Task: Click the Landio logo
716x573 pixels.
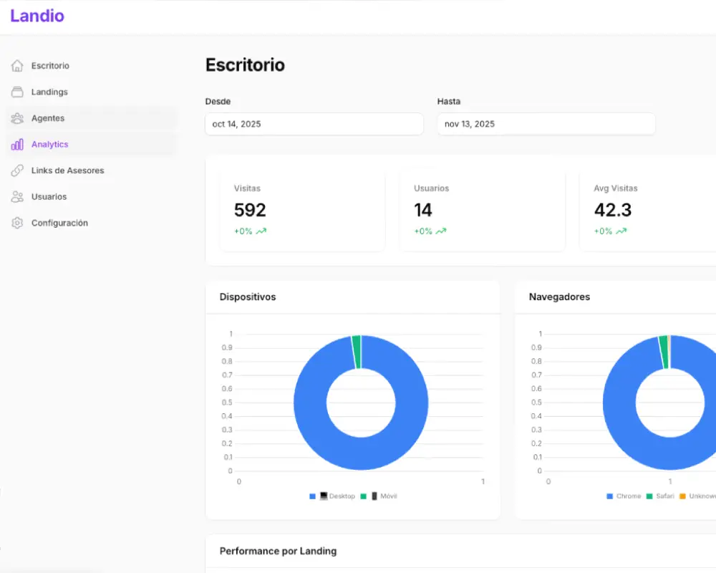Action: coord(37,16)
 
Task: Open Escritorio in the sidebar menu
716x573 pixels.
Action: coord(50,66)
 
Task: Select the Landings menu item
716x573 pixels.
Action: coord(49,92)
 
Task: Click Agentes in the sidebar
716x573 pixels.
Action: coord(48,118)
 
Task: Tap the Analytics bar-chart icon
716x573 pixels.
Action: coord(17,145)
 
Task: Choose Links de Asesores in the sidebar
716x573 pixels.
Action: coord(67,170)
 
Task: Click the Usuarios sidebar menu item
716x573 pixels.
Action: coord(49,197)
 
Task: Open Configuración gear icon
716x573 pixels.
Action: coord(17,223)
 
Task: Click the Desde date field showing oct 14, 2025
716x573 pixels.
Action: coord(314,124)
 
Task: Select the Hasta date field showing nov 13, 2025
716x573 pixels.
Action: coord(546,124)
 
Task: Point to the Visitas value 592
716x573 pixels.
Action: coord(250,210)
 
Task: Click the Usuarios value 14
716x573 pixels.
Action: coord(423,210)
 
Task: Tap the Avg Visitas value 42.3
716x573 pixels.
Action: coord(612,210)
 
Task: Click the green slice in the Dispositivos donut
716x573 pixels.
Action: coord(357,352)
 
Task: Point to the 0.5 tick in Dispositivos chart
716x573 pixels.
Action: coord(228,403)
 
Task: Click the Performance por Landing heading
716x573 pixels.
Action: coord(278,551)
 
